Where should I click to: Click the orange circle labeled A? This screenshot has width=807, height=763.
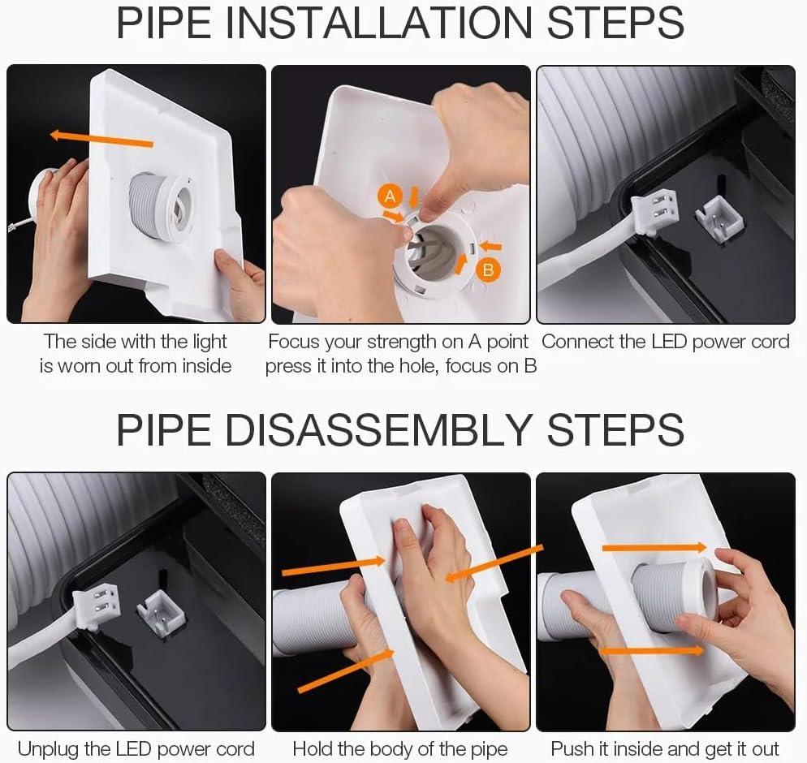(x=390, y=196)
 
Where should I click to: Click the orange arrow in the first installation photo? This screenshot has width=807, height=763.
(x=101, y=139)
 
